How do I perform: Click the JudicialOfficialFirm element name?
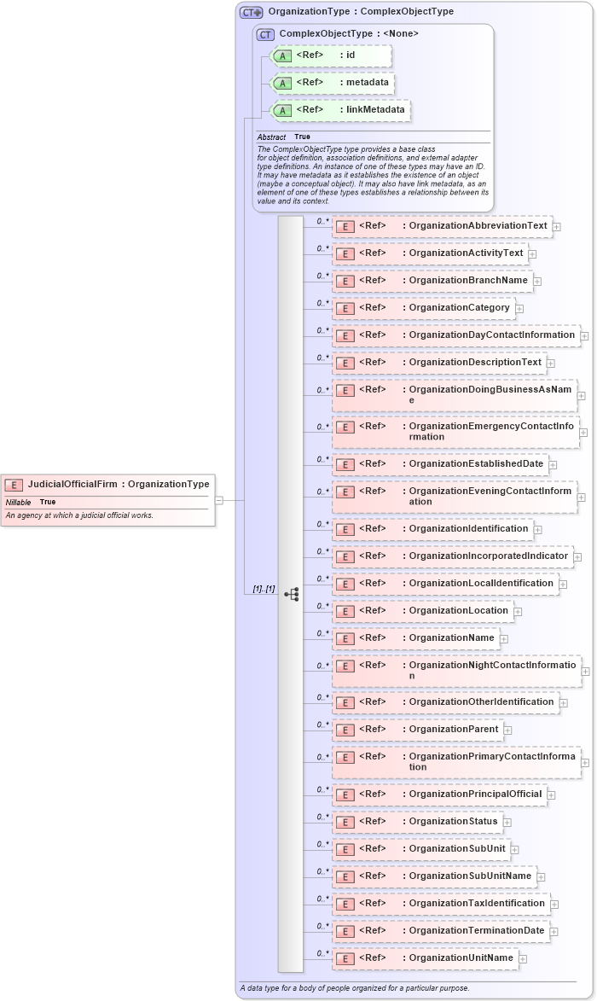click(x=72, y=484)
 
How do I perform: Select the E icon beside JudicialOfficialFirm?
click(x=14, y=485)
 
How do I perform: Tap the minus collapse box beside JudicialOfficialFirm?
click(x=219, y=501)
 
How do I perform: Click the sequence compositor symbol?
click(x=291, y=594)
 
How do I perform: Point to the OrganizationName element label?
click(x=451, y=637)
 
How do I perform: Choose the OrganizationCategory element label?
click(x=459, y=307)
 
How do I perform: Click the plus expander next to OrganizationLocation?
click(x=518, y=611)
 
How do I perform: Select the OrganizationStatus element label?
click(x=453, y=821)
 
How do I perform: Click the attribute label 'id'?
click(x=350, y=55)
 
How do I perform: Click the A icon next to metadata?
click(x=283, y=83)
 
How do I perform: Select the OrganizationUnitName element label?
click(x=461, y=957)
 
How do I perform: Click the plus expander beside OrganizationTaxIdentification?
click(x=554, y=904)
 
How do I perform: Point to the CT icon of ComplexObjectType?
click(x=265, y=34)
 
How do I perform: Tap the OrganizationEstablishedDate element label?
click(x=476, y=463)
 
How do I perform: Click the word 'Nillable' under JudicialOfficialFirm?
click(x=19, y=502)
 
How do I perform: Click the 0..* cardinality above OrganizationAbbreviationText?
click(x=322, y=220)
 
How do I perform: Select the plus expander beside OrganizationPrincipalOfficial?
click(x=551, y=794)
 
